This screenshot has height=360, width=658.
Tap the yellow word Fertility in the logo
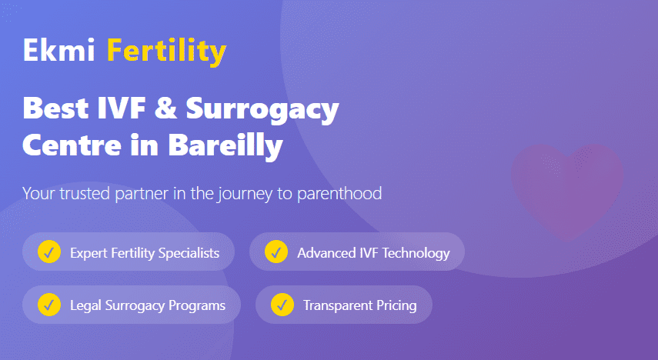166,52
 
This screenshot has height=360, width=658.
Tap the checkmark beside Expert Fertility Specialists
49,252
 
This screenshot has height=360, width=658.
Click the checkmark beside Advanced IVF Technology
276,252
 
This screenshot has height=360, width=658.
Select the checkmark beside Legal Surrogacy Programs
49,305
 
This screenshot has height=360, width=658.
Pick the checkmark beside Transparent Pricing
282,305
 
